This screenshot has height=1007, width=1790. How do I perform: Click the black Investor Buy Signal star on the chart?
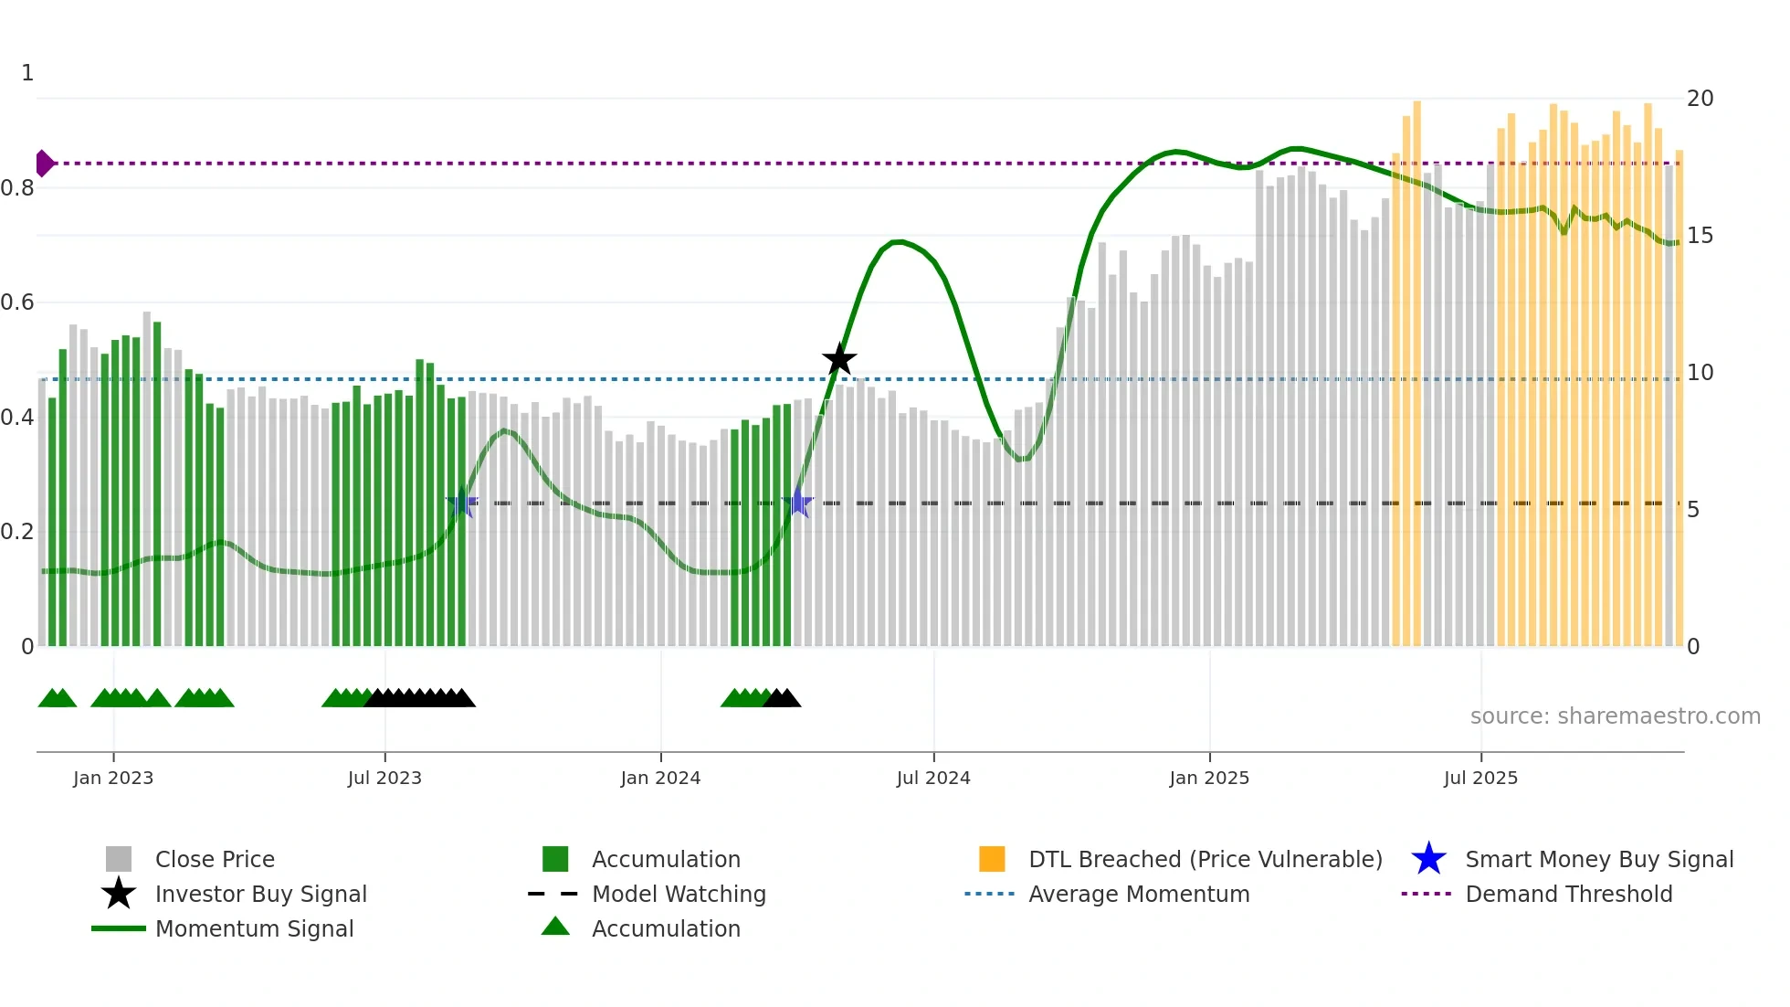coord(839,359)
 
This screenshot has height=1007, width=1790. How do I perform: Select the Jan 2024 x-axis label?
coord(660,778)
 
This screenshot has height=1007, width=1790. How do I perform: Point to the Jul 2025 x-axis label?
coord(1480,778)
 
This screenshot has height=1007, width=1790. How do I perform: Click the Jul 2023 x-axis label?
coord(384,778)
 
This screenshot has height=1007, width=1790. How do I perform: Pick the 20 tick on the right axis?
coord(1700,98)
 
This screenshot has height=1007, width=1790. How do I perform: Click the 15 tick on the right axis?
coord(1700,236)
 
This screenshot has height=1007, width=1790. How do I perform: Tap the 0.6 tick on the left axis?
coord(17,302)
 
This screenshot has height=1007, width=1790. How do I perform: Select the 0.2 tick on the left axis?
coord(17,532)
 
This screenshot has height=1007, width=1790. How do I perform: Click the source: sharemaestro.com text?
coord(1615,716)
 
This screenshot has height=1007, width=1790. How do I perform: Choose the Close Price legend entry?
coord(215,859)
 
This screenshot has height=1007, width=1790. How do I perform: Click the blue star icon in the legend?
coord(1428,859)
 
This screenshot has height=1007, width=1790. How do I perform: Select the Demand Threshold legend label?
coord(1568,894)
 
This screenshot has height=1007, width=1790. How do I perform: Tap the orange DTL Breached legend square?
coord(992,859)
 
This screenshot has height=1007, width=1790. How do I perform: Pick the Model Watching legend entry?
coord(679,894)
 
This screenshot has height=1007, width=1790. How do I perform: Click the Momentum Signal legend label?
coord(254,928)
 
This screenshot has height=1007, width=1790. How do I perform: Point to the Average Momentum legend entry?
coord(1139,894)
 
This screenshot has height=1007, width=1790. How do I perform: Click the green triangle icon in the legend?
coord(555,927)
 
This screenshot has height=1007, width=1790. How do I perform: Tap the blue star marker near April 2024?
coord(798,503)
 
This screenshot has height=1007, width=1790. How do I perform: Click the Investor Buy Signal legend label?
coord(260,894)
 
